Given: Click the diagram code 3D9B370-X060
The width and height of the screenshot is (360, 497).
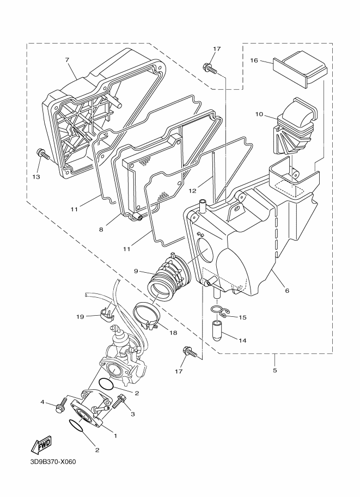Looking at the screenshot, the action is pyautogui.click(x=53, y=462).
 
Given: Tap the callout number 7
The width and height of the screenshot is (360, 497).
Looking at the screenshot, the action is pyautogui.click(x=67, y=60).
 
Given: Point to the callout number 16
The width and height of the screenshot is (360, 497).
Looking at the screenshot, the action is pyautogui.click(x=254, y=60).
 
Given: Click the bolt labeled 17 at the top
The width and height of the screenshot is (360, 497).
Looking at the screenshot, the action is pyautogui.click(x=210, y=68).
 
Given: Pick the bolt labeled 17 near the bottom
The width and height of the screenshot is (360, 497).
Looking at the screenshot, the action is pyautogui.click(x=190, y=352).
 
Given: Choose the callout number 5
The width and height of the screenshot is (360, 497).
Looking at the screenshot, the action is pyautogui.click(x=274, y=370).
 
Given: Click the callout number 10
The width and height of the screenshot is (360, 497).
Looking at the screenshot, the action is pyautogui.click(x=259, y=114).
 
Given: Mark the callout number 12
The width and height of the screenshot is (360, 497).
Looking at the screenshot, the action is pyautogui.click(x=193, y=191).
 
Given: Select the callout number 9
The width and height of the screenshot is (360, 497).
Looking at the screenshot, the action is pyautogui.click(x=136, y=271).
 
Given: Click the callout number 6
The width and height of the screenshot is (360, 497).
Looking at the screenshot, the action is pyautogui.click(x=287, y=290).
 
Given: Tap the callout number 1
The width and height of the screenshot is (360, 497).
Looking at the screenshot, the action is pyautogui.click(x=115, y=436).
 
